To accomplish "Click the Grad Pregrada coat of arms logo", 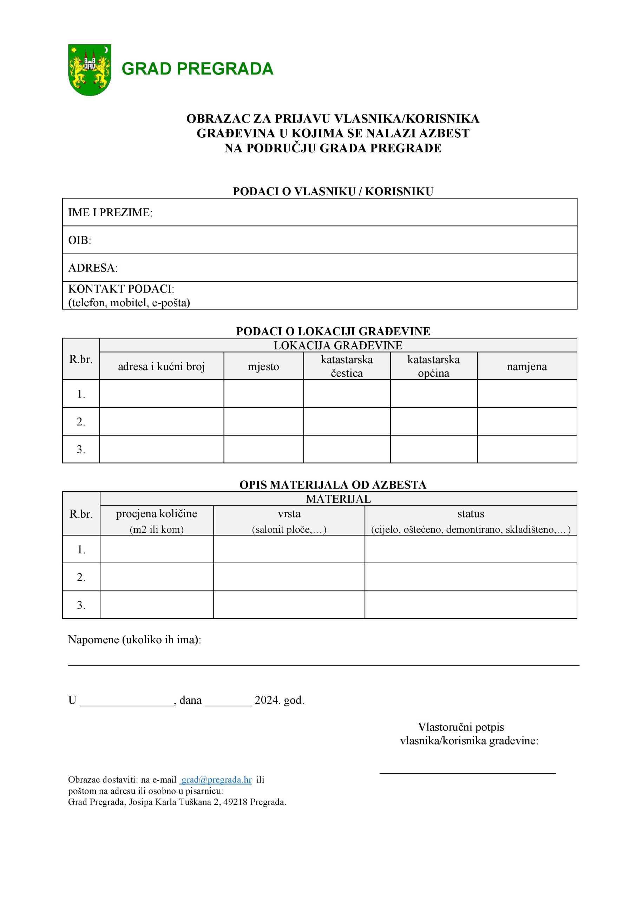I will pyautogui.click(x=90, y=70).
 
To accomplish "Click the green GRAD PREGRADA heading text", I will pyautogui.click(x=197, y=69).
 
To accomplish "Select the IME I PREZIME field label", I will pyautogui.click(x=110, y=212).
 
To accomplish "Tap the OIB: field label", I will pyautogui.click(x=79, y=241).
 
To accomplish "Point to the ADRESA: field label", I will pyautogui.click(x=93, y=268).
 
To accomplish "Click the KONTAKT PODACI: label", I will pyautogui.click(x=121, y=289).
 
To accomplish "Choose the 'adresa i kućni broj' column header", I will pyautogui.click(x=161, y=367).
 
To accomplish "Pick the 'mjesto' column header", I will pyautogui.click(x=263, y=367).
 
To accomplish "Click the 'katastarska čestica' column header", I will pyautogui.click(x=347, y=366).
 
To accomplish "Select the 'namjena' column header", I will pyautogui.click(x=526, y=367).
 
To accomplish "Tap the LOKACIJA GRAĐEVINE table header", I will pyautogui.click(x=337, y=345).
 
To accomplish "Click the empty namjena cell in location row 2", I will pyautogui.click(x=526, y=421).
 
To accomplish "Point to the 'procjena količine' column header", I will pyautogui.click(x=156, y=514).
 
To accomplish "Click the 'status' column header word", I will pyautogui.click(x=470, y=514).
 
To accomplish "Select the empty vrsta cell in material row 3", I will pyautogui.click(x=289, y=605).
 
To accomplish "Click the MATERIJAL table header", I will pyautogui.click(x=338, y=499).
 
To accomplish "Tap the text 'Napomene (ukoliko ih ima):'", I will pyautogui.click(x=134, y=640).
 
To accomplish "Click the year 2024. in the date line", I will pyautogui.click(x=268, y=700).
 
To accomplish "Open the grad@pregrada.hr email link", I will pyautogui.click(x=216, y=780).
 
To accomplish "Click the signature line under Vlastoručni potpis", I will pyautogui.click(x=467, y=773).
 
